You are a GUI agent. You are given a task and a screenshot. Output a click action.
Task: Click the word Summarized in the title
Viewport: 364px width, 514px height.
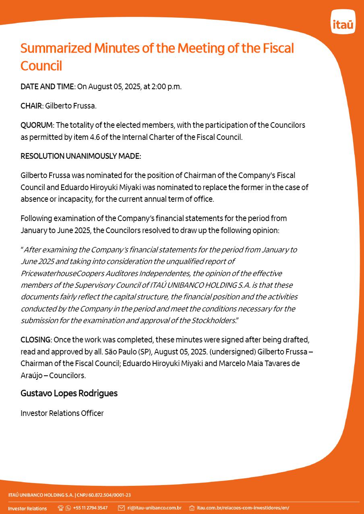click(56, 48)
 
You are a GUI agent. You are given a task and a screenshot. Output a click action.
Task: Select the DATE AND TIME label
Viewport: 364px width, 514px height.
click(47, 86)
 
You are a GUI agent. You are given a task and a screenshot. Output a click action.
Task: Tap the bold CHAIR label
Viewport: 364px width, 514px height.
click(31, 106)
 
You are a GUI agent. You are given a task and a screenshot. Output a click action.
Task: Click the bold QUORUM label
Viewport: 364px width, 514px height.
click(36, 125)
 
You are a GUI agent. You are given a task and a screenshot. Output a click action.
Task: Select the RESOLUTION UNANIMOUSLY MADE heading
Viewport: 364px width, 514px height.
click(81, 156)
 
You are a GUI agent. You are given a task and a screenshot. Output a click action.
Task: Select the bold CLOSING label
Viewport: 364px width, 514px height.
click(35, 340)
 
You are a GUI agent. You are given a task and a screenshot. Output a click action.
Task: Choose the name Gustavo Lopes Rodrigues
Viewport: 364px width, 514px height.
click(69, 393)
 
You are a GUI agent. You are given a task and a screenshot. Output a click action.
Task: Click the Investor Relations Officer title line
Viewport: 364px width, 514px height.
click(62, 413)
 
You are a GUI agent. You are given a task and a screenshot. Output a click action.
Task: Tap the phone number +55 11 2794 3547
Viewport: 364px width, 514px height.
click(90, 508)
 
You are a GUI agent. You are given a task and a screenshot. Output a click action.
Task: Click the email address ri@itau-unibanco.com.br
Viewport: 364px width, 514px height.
click(154, 508)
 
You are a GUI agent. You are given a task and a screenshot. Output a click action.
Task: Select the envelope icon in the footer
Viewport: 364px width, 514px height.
click(121, 508)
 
